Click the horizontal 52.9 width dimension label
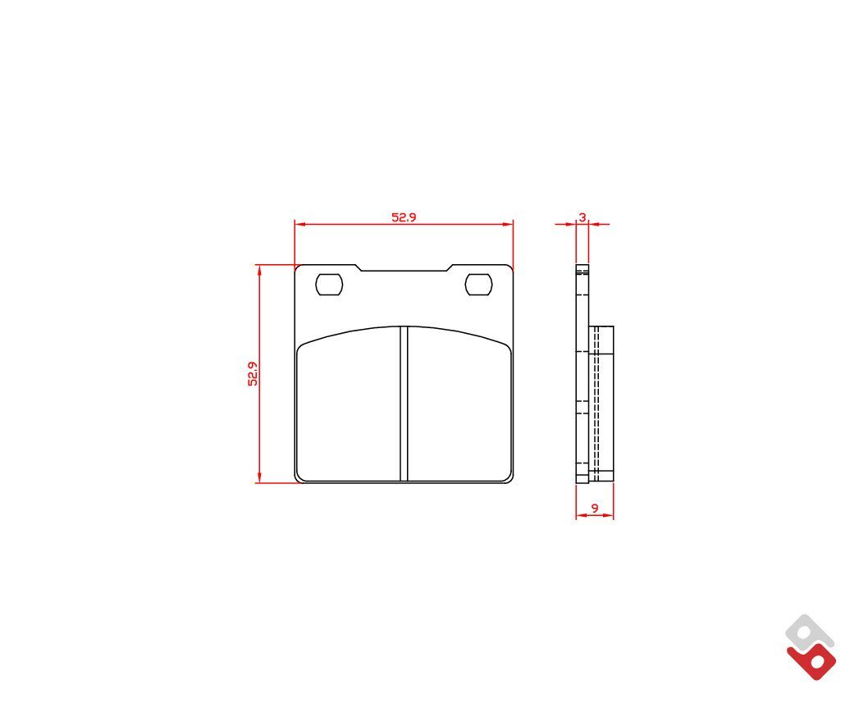coord(404,217)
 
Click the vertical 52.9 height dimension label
coord(253,373)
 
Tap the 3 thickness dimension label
coord(582,217)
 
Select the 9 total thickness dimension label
coord(595,508)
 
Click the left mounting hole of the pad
coord(329,285)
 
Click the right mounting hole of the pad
coord(478,285)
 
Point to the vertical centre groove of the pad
coord(404,403)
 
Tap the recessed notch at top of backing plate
coord(404,268)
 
